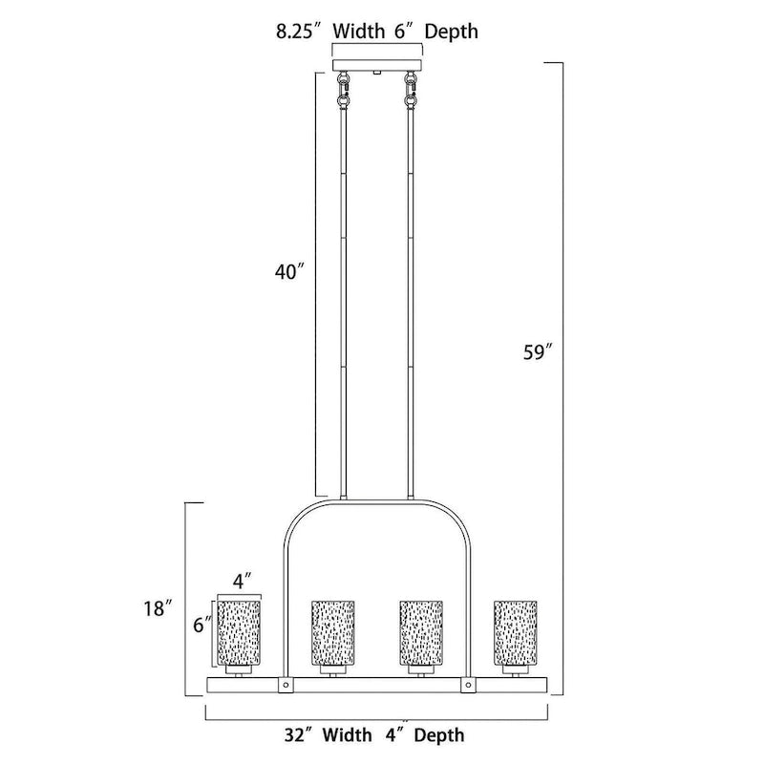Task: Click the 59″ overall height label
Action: coord(539,351)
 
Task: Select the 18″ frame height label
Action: coord(158,608)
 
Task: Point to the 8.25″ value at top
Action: coord(298,32)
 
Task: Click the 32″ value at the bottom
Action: coord(299,734)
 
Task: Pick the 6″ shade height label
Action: coord(202,625)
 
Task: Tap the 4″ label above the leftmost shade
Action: coord(243,582)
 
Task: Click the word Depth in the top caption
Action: coord(451,32)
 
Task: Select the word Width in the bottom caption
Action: coord(347,734)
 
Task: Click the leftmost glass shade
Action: coord(239,632)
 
